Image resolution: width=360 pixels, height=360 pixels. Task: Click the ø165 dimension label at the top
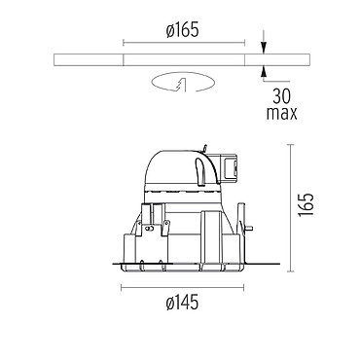(x=183, y=31)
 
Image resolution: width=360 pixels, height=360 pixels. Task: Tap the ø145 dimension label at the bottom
(x=183, y=304)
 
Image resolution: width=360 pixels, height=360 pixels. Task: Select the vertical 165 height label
(x=306, y=205)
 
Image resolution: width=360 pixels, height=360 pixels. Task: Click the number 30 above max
(x=281, y=96)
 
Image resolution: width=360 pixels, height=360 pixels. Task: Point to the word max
(x=281, y=114)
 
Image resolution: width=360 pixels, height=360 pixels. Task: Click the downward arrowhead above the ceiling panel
(x=264, y=49)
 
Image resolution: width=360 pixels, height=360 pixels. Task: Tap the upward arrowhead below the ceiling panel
(x=264, y=71)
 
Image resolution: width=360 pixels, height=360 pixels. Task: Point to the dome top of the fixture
(x=178, y=168)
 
